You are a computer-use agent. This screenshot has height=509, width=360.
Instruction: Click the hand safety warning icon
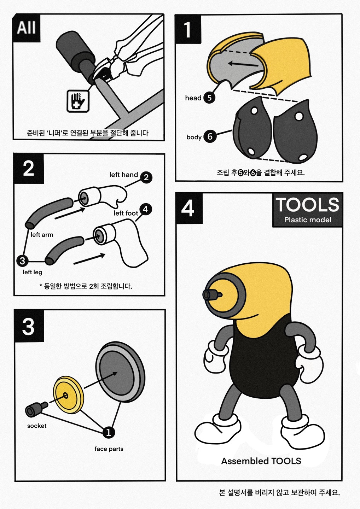pos(78,101)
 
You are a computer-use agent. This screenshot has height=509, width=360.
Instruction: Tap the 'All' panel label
pos(26,28)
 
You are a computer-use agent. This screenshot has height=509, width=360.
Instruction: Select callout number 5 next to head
pos(209,98)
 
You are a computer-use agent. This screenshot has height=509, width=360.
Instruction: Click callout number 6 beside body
pos(210,136)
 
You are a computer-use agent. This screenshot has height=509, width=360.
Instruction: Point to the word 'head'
pos(193,98)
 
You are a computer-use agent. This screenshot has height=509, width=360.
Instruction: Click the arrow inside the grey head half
pos(243,64)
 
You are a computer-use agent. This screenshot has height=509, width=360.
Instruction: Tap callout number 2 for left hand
pos(146,177)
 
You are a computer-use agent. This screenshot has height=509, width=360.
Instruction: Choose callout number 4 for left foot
pos(145,209)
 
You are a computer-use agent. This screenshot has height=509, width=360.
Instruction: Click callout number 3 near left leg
pos(22,261)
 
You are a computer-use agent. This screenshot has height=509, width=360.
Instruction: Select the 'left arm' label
pos(42,235)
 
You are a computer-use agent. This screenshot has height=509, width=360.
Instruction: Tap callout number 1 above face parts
pos(109,432)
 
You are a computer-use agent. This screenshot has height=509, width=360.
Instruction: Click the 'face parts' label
pos(109,449)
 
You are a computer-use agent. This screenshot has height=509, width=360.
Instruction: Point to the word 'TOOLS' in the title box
pos(307,205)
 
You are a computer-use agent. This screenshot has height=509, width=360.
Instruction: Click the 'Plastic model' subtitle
pos(308,220)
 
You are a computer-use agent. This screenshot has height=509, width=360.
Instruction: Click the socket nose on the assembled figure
pos(212,295)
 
